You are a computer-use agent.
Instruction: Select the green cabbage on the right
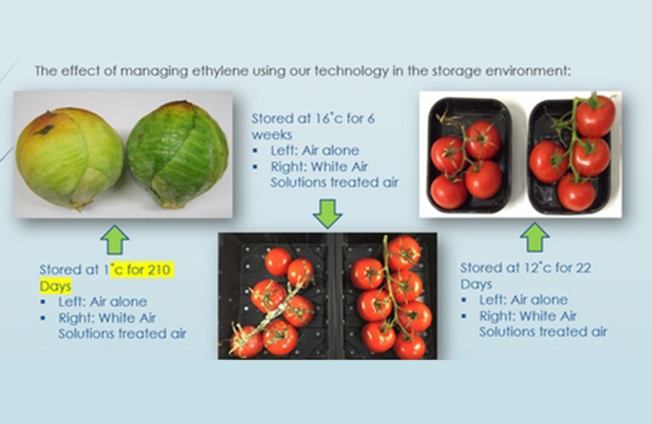point(178,154)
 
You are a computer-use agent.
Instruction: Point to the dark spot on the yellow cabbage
point(44,130)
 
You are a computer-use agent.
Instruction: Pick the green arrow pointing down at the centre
point(328,214)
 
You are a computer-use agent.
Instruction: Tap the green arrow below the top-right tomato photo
point(535,237)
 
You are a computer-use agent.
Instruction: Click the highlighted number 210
point(159,269)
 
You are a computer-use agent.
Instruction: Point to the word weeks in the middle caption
point(272,135)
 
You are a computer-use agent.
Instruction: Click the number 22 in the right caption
point(584,268)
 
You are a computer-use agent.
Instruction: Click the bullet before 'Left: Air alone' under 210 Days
point(43,302)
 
